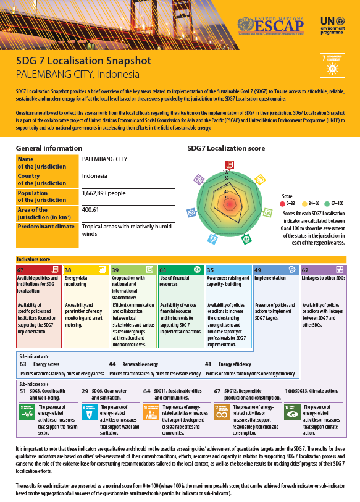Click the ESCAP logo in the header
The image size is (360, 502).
click(x=271, y=25)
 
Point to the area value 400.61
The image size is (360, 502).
click(x=91, y=210)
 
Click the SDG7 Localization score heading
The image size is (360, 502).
click(x=226, y=149)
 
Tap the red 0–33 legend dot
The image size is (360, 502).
click(x=282, y=202)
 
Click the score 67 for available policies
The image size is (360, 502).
click(x=20, y=270)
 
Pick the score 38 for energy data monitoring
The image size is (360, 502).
click(x=68, y=270)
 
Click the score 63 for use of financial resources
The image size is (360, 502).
click(x=162, y=270)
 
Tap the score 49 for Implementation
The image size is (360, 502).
click(x=258, y=270)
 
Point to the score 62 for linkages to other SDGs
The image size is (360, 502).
click(x=305, y=270)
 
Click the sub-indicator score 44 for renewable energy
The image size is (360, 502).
click(x=112, y=364)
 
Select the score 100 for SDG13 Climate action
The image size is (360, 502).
click(x=289, y=391)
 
